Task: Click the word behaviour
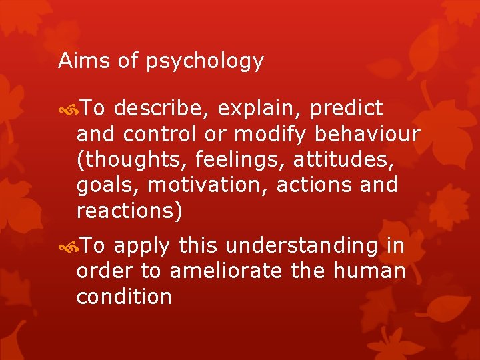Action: click(367, 134)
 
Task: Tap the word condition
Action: click(124, 297)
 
